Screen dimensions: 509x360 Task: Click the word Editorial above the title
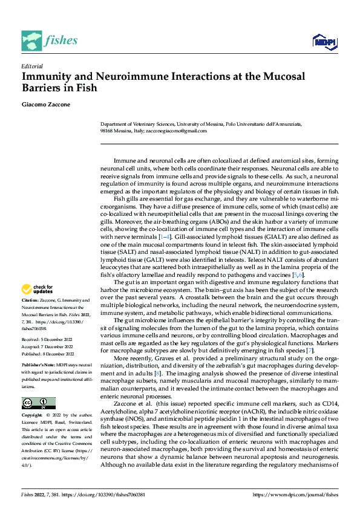[31, 66]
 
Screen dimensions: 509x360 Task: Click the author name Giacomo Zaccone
[47, 105]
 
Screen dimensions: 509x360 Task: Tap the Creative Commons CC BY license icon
[38, 403]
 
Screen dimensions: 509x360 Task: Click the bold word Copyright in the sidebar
[33, 416]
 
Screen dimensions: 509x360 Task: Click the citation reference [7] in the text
[310, 350]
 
